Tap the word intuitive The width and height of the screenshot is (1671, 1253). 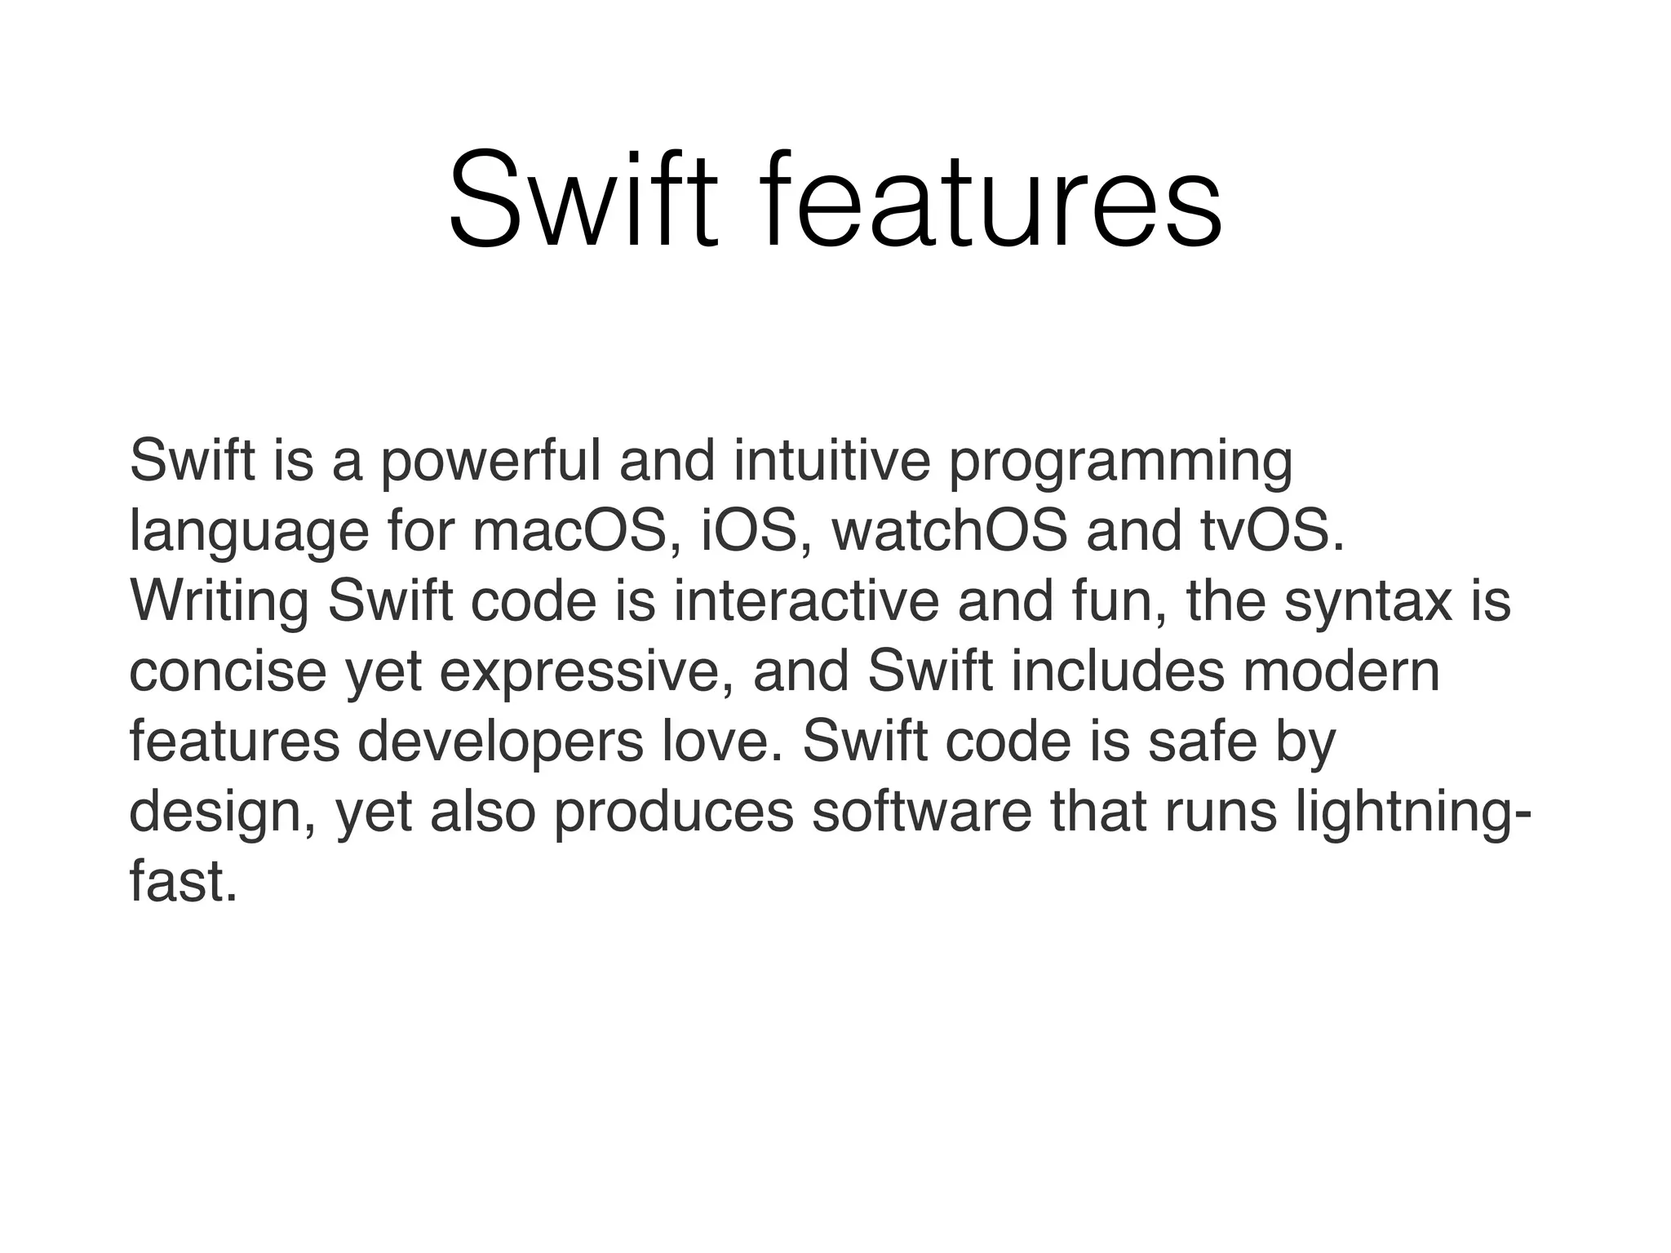(x=831, y=462)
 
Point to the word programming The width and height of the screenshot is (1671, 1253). (x=1120, y=463)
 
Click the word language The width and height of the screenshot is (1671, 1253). (x=249, y=533)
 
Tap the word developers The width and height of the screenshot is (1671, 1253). (x=500, y=743)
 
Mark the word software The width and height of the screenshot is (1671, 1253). (x=921, y=812)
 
